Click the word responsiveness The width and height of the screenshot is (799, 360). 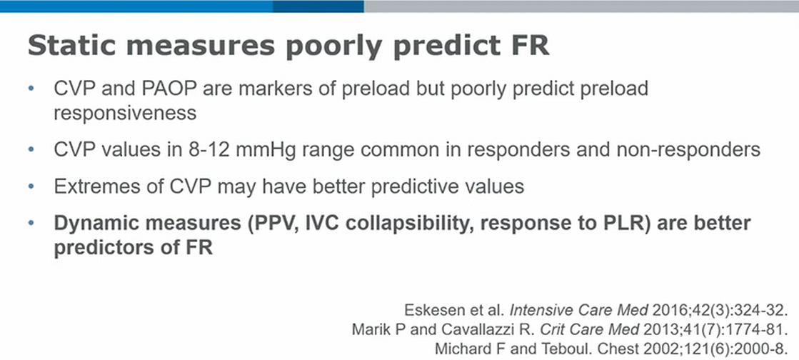tap(126, 113)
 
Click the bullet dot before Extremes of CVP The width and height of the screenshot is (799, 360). tap(32, 187)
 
